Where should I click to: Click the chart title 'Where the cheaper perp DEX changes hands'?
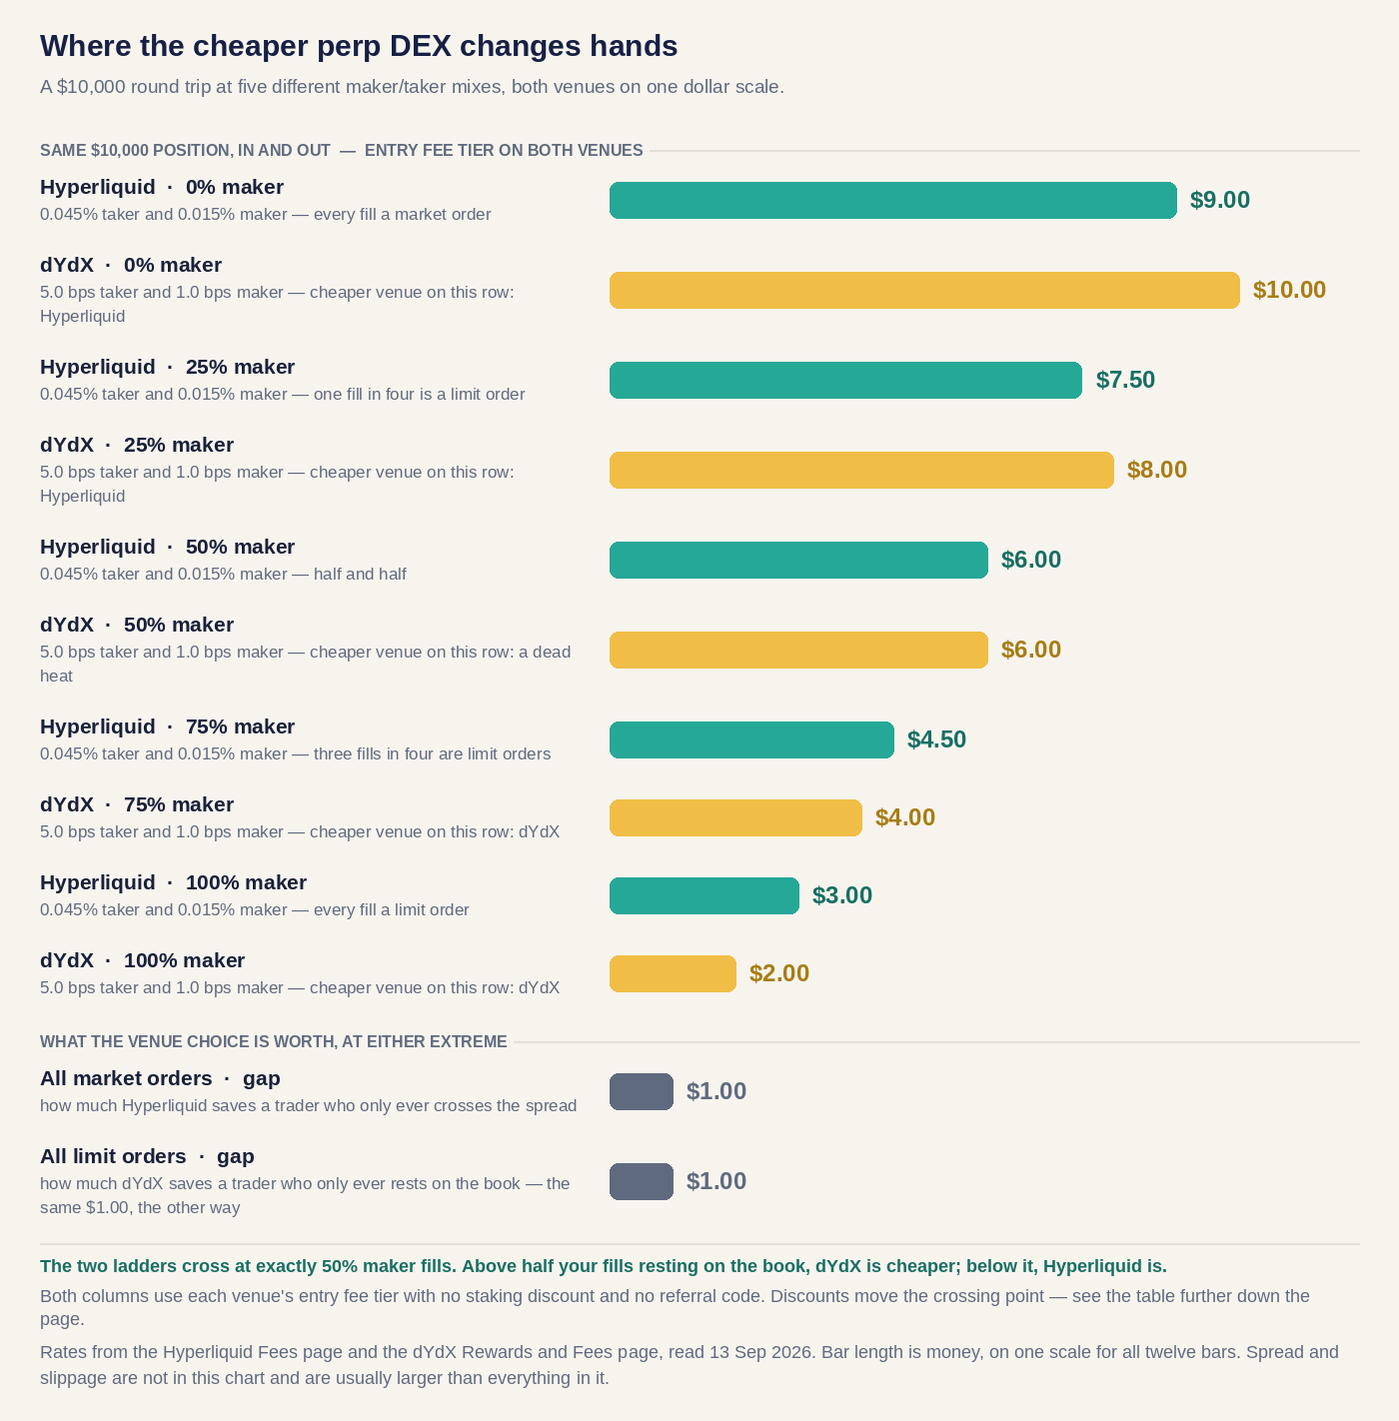point(359,46)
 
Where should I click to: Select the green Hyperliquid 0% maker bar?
point(893,200)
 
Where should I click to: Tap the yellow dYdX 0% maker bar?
point(924,290)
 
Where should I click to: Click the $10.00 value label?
point(1289,290)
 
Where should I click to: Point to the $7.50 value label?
point(1125,380)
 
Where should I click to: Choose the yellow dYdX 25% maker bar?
point(861,470)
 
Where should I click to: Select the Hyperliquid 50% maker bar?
point(798,560)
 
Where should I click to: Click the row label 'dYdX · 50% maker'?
point(137,625)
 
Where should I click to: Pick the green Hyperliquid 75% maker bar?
point(751,739)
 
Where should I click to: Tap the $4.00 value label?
point(905,817)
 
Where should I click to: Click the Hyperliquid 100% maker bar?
point(704,895)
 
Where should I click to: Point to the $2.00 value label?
point(778,973)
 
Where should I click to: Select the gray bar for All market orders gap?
point(641,1091)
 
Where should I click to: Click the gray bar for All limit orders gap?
point(641,1181)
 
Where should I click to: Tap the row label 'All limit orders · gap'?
point(147,1156)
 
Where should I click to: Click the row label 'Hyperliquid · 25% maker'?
point(168,367)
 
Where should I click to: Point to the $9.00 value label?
point(1220,200)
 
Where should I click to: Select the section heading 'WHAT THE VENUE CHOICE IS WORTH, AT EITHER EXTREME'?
point(273,1042)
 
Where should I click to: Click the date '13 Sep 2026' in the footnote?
point(760,1352)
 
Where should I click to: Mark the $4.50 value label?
point(936,739)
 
